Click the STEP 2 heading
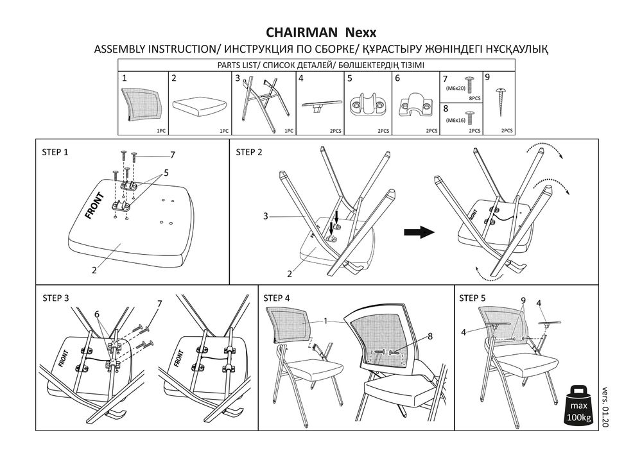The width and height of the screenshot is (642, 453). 249,152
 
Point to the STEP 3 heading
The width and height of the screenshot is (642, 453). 55,298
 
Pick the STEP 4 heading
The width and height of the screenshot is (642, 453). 277,298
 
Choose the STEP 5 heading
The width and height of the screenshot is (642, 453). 473,298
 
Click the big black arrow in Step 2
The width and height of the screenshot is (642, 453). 417,232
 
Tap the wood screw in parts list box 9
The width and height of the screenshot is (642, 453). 501,101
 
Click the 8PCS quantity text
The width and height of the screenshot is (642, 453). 474,99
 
